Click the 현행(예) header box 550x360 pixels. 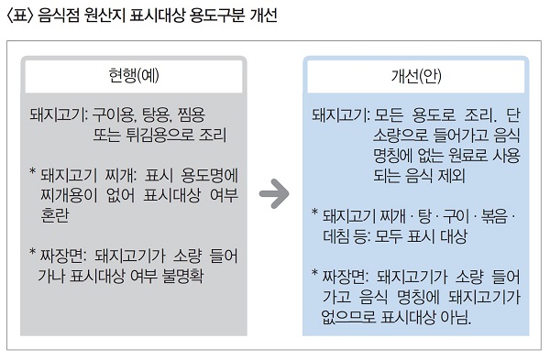coord(134,76)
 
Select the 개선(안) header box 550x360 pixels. coord(416,76)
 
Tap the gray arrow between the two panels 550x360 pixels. coord(274,193)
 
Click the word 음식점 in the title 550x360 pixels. coord(59,15)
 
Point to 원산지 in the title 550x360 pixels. coord(104,15)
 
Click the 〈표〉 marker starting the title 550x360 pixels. coord(20,16)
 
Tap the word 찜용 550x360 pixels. coord(192,115)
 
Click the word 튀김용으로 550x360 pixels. coord(159,135)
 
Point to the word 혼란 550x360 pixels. coord(55,215)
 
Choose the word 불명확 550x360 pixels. coord(182,276)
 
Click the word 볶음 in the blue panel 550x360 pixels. coord(495,215)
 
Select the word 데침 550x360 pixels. coord(336,236)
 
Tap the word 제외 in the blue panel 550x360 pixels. coord(451,175)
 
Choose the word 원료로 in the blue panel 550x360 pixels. coord(467,156)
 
